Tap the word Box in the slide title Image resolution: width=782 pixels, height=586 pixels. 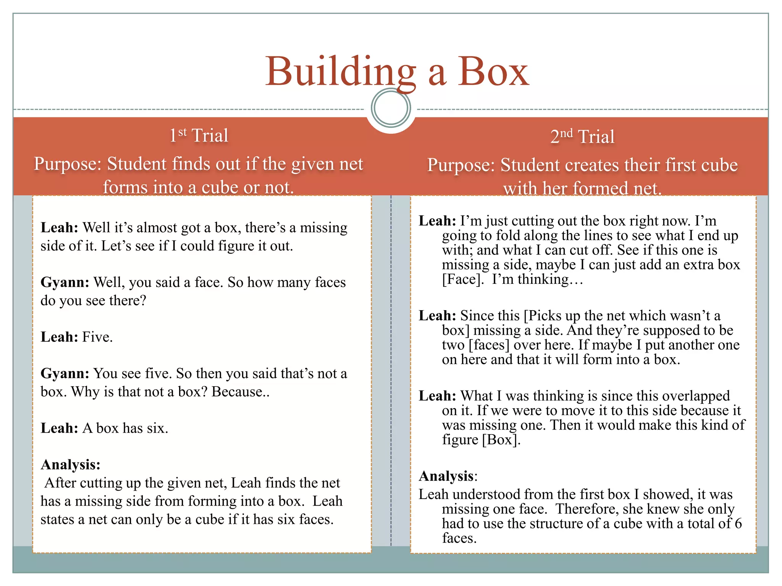[493, 72]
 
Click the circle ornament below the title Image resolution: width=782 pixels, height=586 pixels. [391, 108]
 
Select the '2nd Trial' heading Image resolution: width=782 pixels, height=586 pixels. [582, 137]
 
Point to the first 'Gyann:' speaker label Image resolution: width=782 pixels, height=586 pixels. [65, 282]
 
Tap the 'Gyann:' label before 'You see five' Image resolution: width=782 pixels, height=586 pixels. [65, 373]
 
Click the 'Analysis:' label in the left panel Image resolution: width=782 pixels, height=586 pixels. [70, 465]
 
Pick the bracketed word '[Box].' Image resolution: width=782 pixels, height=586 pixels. [501, 440]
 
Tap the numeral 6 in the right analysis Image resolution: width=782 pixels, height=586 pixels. [738, 524]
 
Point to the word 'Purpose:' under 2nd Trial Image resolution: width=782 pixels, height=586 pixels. [461, 165]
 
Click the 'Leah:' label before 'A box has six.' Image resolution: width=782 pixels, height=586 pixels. [59, 428]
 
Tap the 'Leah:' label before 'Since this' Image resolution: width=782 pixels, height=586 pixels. [437, 316]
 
